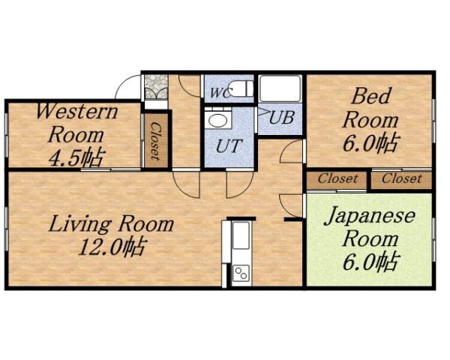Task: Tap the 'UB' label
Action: (x=281, y=118)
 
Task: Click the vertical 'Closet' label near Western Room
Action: (x=154, y=141)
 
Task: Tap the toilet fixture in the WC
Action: (x=239, y=88)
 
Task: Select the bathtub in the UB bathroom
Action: (x=280, y=88)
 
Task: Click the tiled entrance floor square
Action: (x=155, y=86)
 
